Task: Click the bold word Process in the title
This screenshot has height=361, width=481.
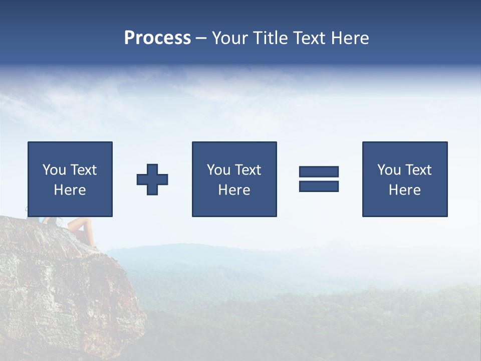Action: point(157,38)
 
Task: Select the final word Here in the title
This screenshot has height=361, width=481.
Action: point(350,38)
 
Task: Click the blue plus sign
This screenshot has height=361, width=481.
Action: point(152,179)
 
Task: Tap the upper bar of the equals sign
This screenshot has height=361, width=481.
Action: point(319,171)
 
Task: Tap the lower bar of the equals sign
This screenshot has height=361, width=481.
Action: point(319,186)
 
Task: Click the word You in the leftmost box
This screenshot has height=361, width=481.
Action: point(55,170)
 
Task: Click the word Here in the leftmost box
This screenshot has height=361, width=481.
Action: point(70,190)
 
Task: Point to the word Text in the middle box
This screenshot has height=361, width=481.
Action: point(248,170)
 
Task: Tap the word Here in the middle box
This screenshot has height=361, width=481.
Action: point(234,190)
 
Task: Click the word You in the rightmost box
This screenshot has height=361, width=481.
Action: point(389,170)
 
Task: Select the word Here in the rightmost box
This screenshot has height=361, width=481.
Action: point(404,190)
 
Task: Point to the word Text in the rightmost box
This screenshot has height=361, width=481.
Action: point(418,170)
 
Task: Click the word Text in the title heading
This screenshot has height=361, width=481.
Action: point(310,38)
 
